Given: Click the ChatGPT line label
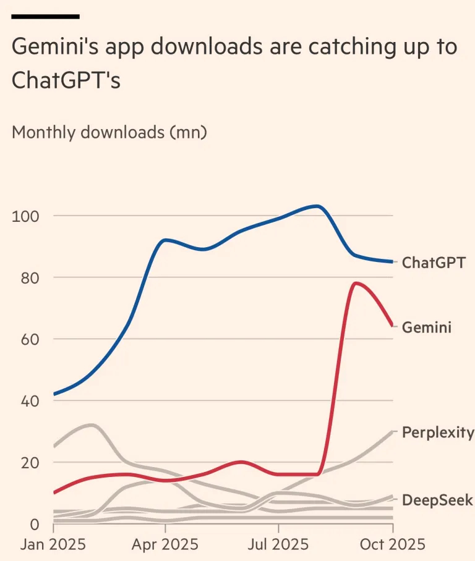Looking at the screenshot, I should tap(434, 263).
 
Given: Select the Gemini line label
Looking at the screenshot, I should tap(427, 327).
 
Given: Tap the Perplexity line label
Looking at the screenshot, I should tap(438, 432).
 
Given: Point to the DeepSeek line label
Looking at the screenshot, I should tap(437, 500).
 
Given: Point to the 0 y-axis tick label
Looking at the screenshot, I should tap(34, 524).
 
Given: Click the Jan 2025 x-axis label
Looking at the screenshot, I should tap(53, 544).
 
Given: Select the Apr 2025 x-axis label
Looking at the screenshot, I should tap(165, 544).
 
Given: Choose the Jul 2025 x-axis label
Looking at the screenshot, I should tap(278, 544).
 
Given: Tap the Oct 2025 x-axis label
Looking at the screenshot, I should tap(392, 544).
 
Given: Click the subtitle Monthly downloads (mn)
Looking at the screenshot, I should tap(109, 132).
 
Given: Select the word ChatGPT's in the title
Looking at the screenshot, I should tap(66, 81).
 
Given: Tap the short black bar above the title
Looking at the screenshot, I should tap(46, 16).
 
